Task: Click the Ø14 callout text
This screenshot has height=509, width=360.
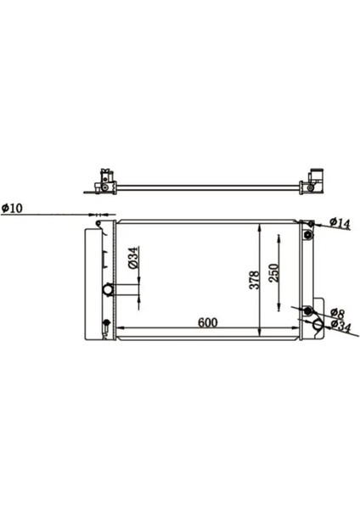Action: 339,224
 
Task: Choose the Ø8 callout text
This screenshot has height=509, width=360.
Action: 335,313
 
